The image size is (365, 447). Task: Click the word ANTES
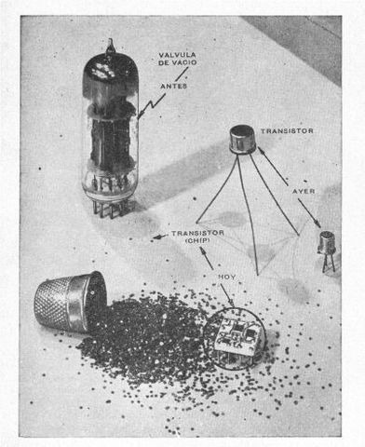point(173,87)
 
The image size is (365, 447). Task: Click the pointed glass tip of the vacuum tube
point(111,45)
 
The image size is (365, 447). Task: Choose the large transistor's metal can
point(243,141)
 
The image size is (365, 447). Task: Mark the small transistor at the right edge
point(327,244)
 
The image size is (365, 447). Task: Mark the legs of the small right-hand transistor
point(328,264)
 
